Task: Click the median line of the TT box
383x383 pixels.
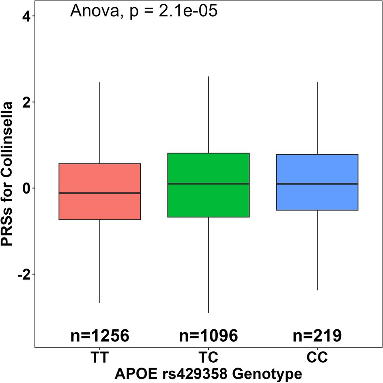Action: [100, 193]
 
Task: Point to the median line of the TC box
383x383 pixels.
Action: [208, 184]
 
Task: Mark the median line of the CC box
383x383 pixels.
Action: [317, 184]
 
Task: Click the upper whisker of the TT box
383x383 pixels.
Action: [100, 122]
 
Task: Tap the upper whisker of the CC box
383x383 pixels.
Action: [317, 118]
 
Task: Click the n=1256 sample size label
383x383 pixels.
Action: [100, 336]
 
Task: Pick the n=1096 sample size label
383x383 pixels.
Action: [208, 336]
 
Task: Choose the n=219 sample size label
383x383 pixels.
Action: [317, 336]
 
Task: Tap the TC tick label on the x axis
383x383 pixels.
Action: [208, 358]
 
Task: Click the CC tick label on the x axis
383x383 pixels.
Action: [317, 358]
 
